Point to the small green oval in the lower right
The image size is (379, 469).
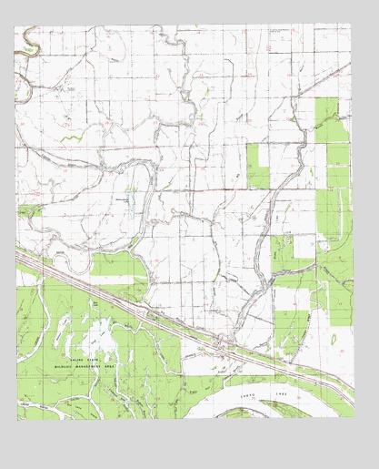[334, 340]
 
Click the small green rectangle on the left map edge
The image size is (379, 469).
[27, 210]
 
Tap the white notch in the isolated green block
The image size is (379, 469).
[258, 156]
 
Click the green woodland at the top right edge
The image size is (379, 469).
[332, 118]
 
